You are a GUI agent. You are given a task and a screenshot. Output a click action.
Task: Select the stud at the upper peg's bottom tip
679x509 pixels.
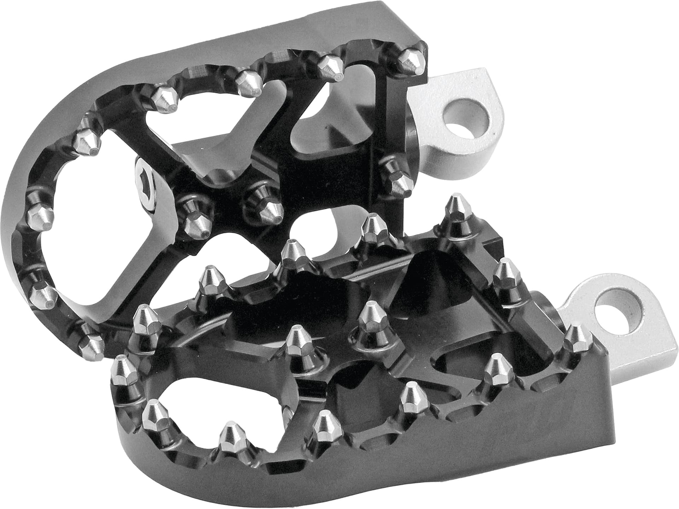tap(91, 344)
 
